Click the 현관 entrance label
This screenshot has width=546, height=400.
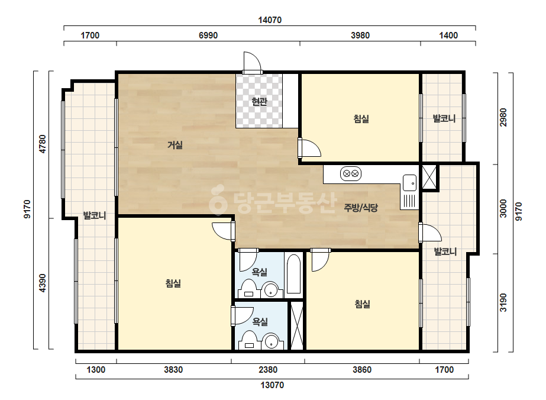tap(260, 102)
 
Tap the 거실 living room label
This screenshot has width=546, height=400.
tap(175, 144)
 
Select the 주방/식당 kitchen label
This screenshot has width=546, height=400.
tap(361, 208)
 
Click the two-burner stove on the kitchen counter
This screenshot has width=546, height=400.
tap(351, 173)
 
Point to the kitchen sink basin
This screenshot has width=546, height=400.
tap(409, 183)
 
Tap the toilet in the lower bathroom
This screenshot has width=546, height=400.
tap(249, 340)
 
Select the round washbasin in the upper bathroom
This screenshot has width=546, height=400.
tap(270, 289)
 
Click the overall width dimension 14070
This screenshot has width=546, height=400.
tap(270, 20)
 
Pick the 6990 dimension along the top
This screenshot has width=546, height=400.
tap(208, 35)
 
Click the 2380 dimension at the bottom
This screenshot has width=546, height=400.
tap(268, 370)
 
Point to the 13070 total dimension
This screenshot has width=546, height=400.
tap(272, 385)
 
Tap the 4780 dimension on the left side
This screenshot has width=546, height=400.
tap(42, 144)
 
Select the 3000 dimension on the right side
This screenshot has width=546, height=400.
tap(503, 208)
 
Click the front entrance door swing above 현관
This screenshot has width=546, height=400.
tap(252, 62)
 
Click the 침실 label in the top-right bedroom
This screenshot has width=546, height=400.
tap(361, 119)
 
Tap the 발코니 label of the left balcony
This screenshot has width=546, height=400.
tap(95, 215)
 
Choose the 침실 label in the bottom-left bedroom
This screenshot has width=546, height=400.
tap(173, 283)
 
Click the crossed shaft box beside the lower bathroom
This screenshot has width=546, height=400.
tap(297, 326)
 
